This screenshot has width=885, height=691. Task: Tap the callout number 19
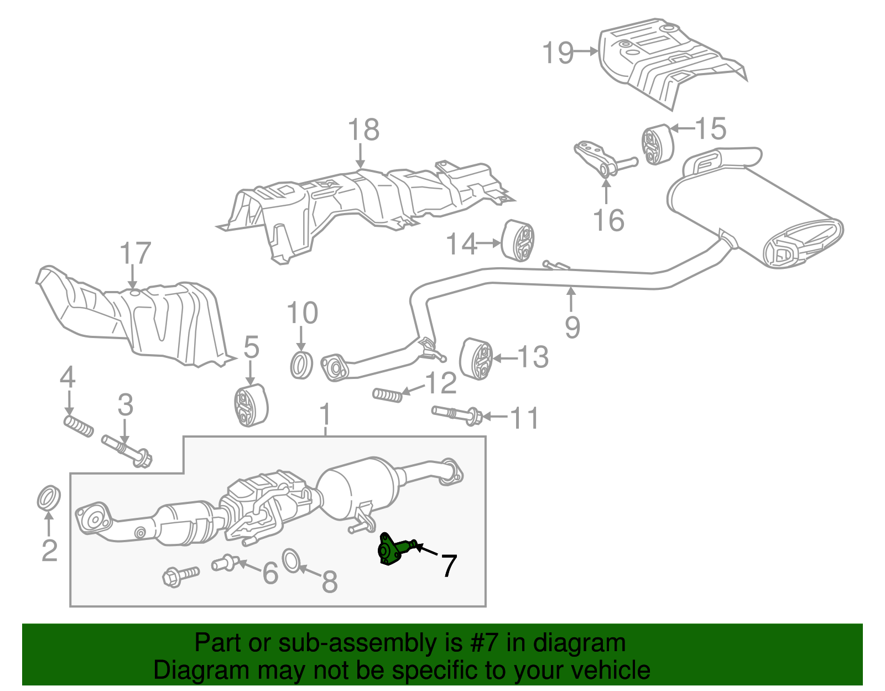pos(558,53)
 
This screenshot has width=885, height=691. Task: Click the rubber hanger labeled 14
pos(518,241)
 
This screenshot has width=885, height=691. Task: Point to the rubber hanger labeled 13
pos(476,359)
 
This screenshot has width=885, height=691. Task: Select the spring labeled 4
pos(79,427)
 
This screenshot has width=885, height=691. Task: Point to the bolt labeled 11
pos(457,414)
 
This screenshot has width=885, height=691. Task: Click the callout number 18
pos(363,130)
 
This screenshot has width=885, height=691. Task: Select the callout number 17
pos(136,253)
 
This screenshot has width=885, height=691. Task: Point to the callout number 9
pos(572,327)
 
